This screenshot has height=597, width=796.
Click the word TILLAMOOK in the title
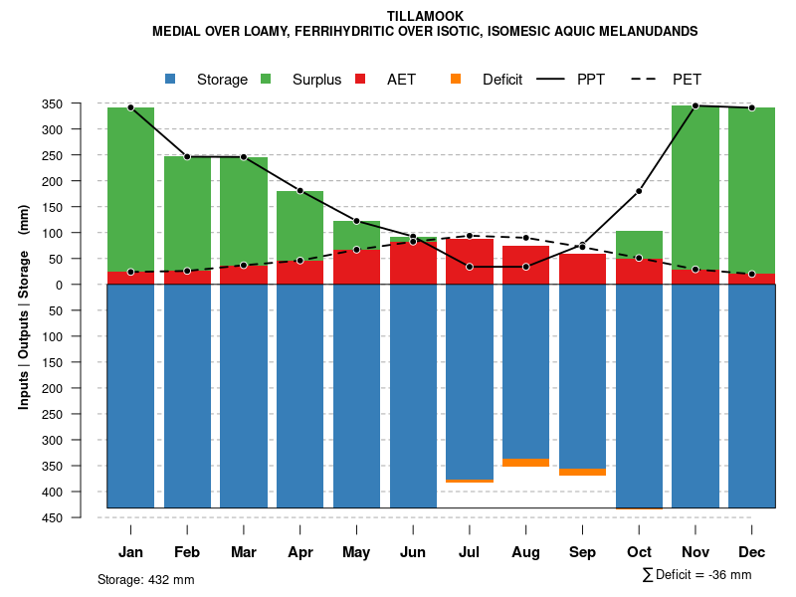(x=425, y=16)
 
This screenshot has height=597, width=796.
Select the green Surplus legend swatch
(x=266, y=79)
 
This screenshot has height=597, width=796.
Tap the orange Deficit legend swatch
(x=456, y=79)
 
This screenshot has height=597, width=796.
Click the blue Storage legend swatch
(x=170, y=79)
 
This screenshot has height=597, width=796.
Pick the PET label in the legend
(x=687, y=80)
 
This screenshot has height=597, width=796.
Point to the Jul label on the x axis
(x=470, y=552)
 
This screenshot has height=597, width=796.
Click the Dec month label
(x=751, y=552)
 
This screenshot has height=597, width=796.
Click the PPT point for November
(x=696, y=105)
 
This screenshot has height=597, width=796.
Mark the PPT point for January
(x=130, y=107)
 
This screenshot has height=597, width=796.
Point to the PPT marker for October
(x=639, y=191)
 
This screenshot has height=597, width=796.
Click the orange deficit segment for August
(x=525, y=463)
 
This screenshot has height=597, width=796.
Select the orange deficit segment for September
(x=582, y=472)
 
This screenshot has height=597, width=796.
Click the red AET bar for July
(x=470, y=262)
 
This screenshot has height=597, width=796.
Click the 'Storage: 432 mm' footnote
(x=146, y=579)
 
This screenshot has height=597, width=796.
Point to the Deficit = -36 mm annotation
(x=697, y=575)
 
